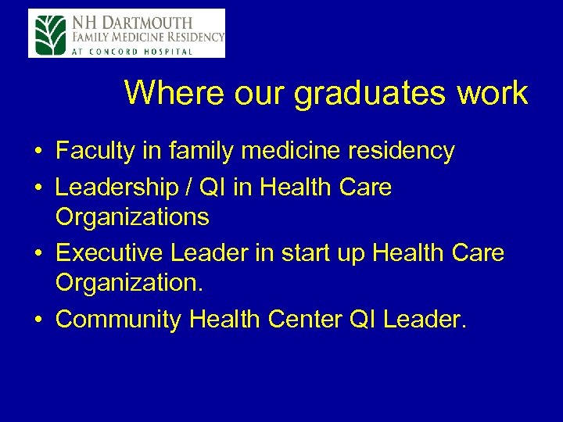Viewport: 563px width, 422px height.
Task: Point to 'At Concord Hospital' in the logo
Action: click(x=134, y=52)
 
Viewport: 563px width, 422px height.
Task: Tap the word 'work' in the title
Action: click(x=493, y=94)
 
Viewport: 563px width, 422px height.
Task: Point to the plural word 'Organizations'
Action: click(x=132, y=216)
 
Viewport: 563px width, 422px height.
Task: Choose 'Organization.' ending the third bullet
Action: click(x=130, y=282)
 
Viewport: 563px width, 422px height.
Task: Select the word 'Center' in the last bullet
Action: click(x=306, y=320)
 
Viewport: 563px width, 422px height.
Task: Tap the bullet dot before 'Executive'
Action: click(x=38, y=254)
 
